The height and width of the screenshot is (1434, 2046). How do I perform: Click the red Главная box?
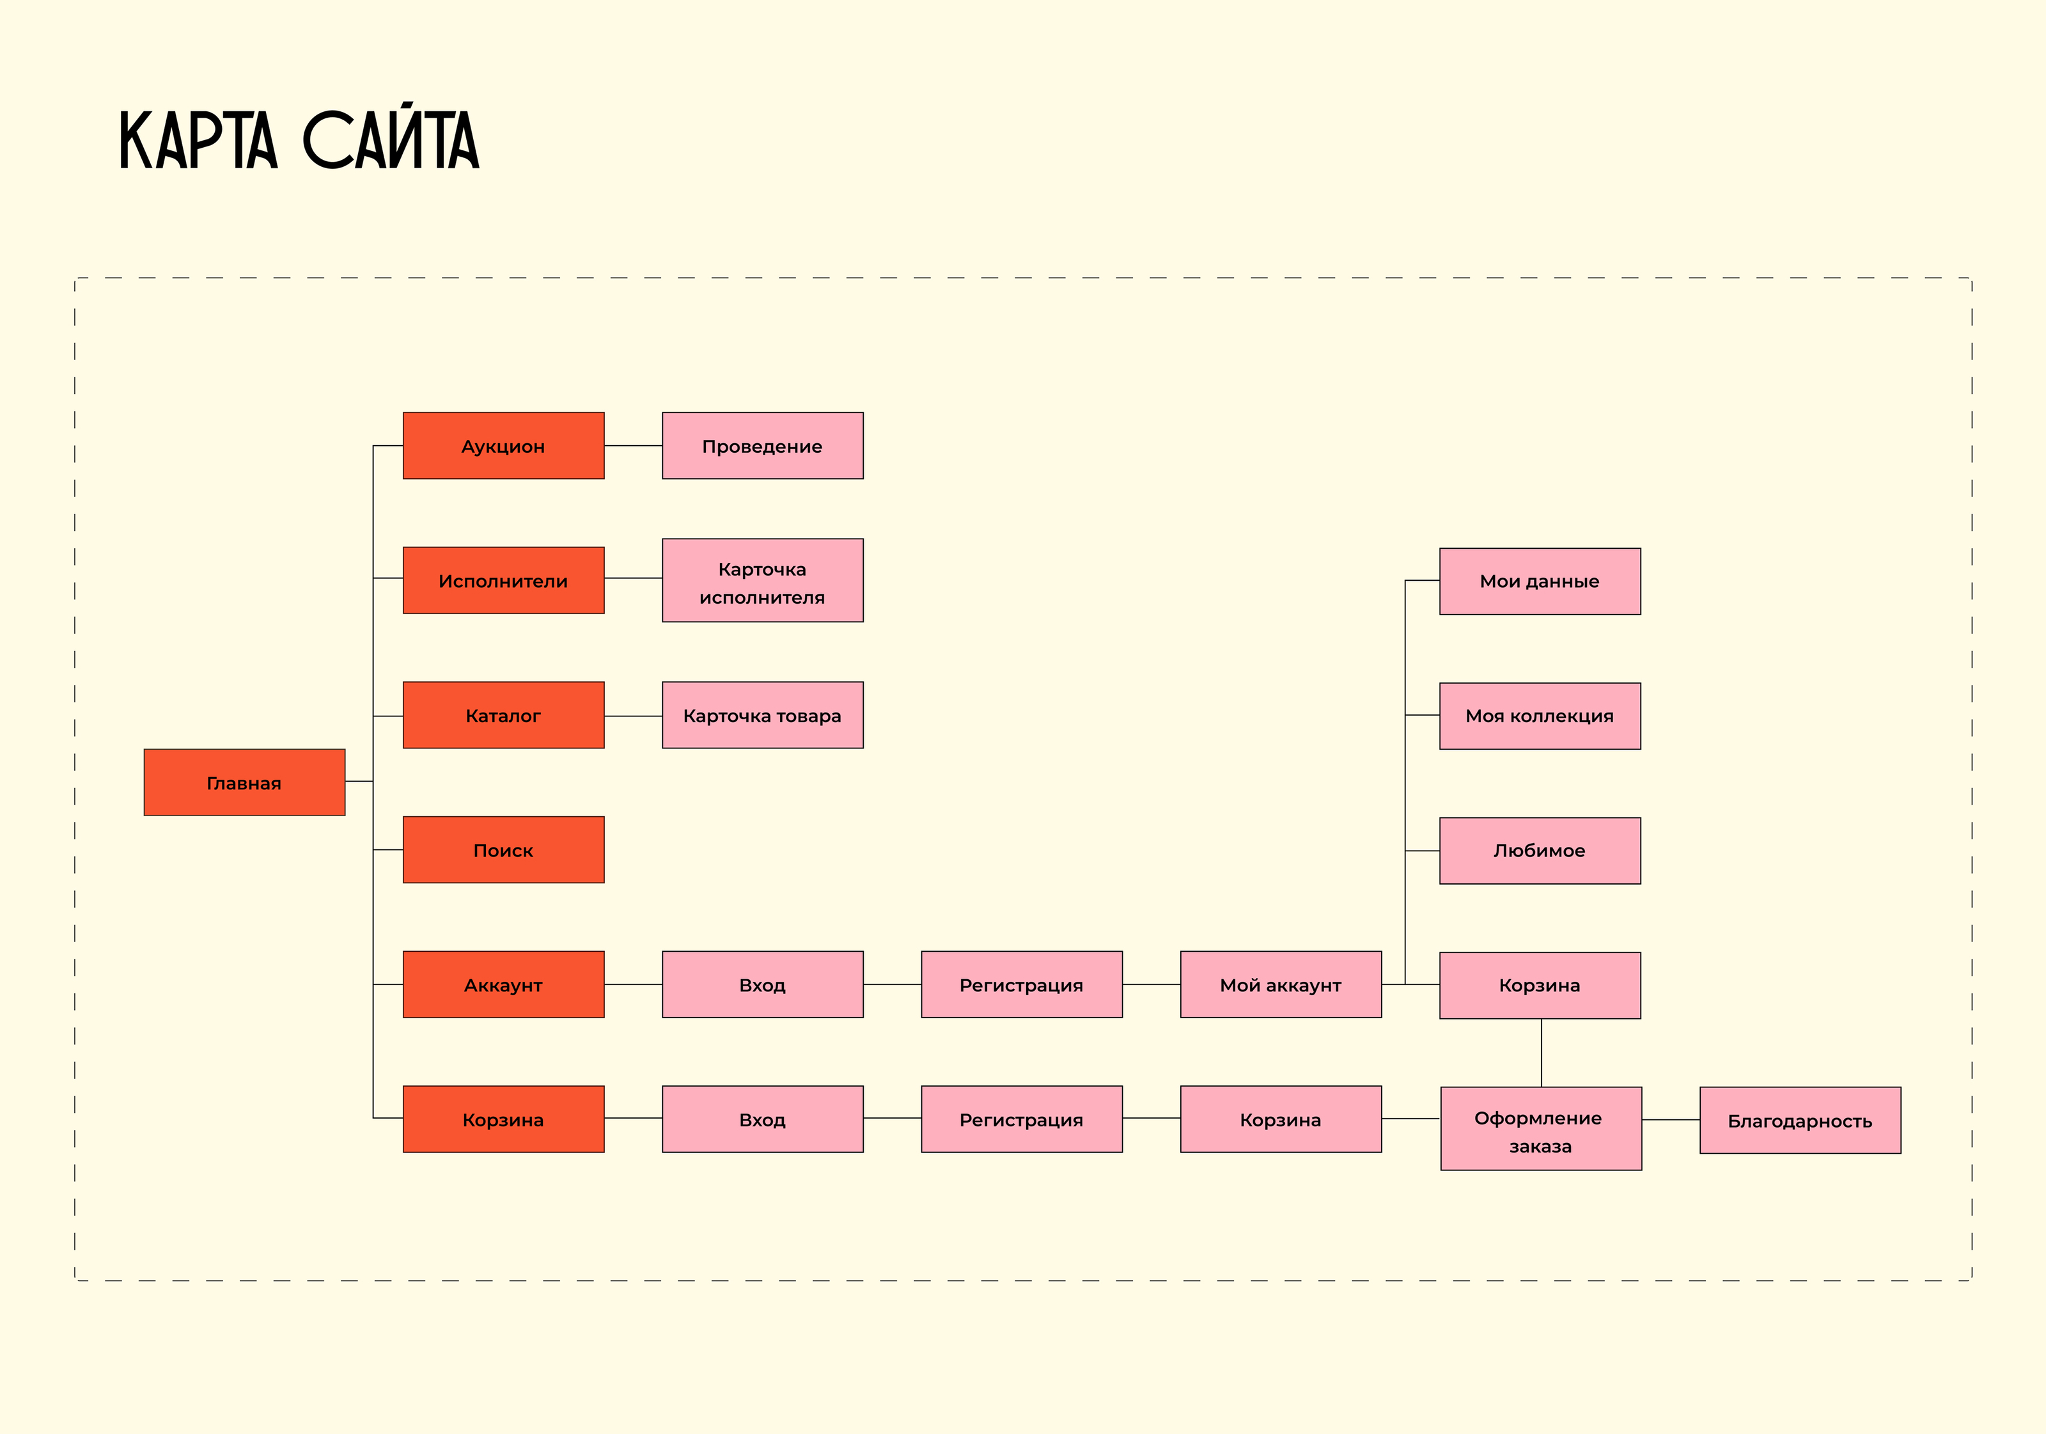click(x=244, y=782)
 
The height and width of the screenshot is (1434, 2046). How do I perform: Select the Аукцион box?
click(x=503, y=446)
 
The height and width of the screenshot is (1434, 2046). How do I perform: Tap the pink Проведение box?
click(x=762, y=446)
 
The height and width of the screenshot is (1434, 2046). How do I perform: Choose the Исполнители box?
click(x=503, y=580)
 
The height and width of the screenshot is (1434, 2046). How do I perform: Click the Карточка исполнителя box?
click(x=762, y=580)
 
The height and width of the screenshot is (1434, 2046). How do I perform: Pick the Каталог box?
click(x=503, y=715)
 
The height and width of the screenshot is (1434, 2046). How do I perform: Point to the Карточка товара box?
click(x=762, y=715)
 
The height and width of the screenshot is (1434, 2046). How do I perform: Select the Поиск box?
click(x=503, y=849)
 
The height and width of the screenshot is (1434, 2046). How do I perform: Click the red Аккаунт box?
click(x=503, y=984)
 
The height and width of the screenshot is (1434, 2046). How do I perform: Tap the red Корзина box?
click(x=503, y=1119)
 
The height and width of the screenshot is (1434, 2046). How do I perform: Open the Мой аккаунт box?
click(x=1281, y=984)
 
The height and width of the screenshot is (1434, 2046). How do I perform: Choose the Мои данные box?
click(x=1540, y=581)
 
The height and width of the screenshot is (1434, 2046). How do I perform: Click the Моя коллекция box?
click(x=1540, y=716)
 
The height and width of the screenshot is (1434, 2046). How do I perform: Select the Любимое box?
click(x=1540, y=850)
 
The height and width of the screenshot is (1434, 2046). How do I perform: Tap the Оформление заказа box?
click(x=1541, y=1128)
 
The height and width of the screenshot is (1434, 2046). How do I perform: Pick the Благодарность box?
click(x=1800, y=1121)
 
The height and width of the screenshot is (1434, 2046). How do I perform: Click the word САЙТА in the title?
click(x=391, y=140)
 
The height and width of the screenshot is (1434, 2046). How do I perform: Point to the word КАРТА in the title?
click(x=199, y=140)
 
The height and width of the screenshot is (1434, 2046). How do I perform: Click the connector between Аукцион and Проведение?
click(x=633, y=446)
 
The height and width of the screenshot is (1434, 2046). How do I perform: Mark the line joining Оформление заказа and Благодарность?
click(x=1671, y=1119)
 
